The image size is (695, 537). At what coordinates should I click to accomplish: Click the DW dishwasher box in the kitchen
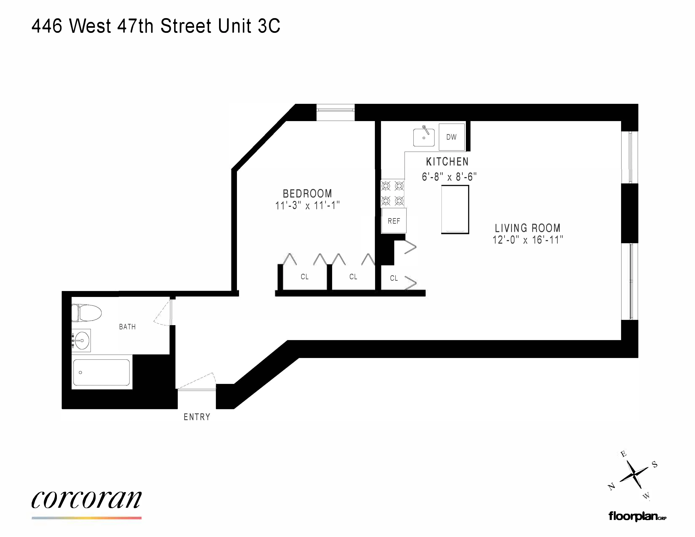[x=452, y=137]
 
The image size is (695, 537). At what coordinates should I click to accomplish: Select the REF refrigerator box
[x=394, y=221]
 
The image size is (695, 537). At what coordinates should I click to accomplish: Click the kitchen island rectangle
[x=455, y=210]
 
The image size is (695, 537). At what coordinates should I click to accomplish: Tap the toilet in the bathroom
[x=87, y=313]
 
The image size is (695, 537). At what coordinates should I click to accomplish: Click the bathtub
[x=101, y=372]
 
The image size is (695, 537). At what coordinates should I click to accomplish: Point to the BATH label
[x=127, y=327]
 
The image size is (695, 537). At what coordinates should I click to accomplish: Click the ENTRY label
[x=197, y=417]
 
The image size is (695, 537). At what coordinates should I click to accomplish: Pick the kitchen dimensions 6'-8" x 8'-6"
[x=449, y=176]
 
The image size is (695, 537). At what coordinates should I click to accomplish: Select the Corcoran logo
[x=87, y=500]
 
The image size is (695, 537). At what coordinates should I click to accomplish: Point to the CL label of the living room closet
[x=394, y=278]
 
